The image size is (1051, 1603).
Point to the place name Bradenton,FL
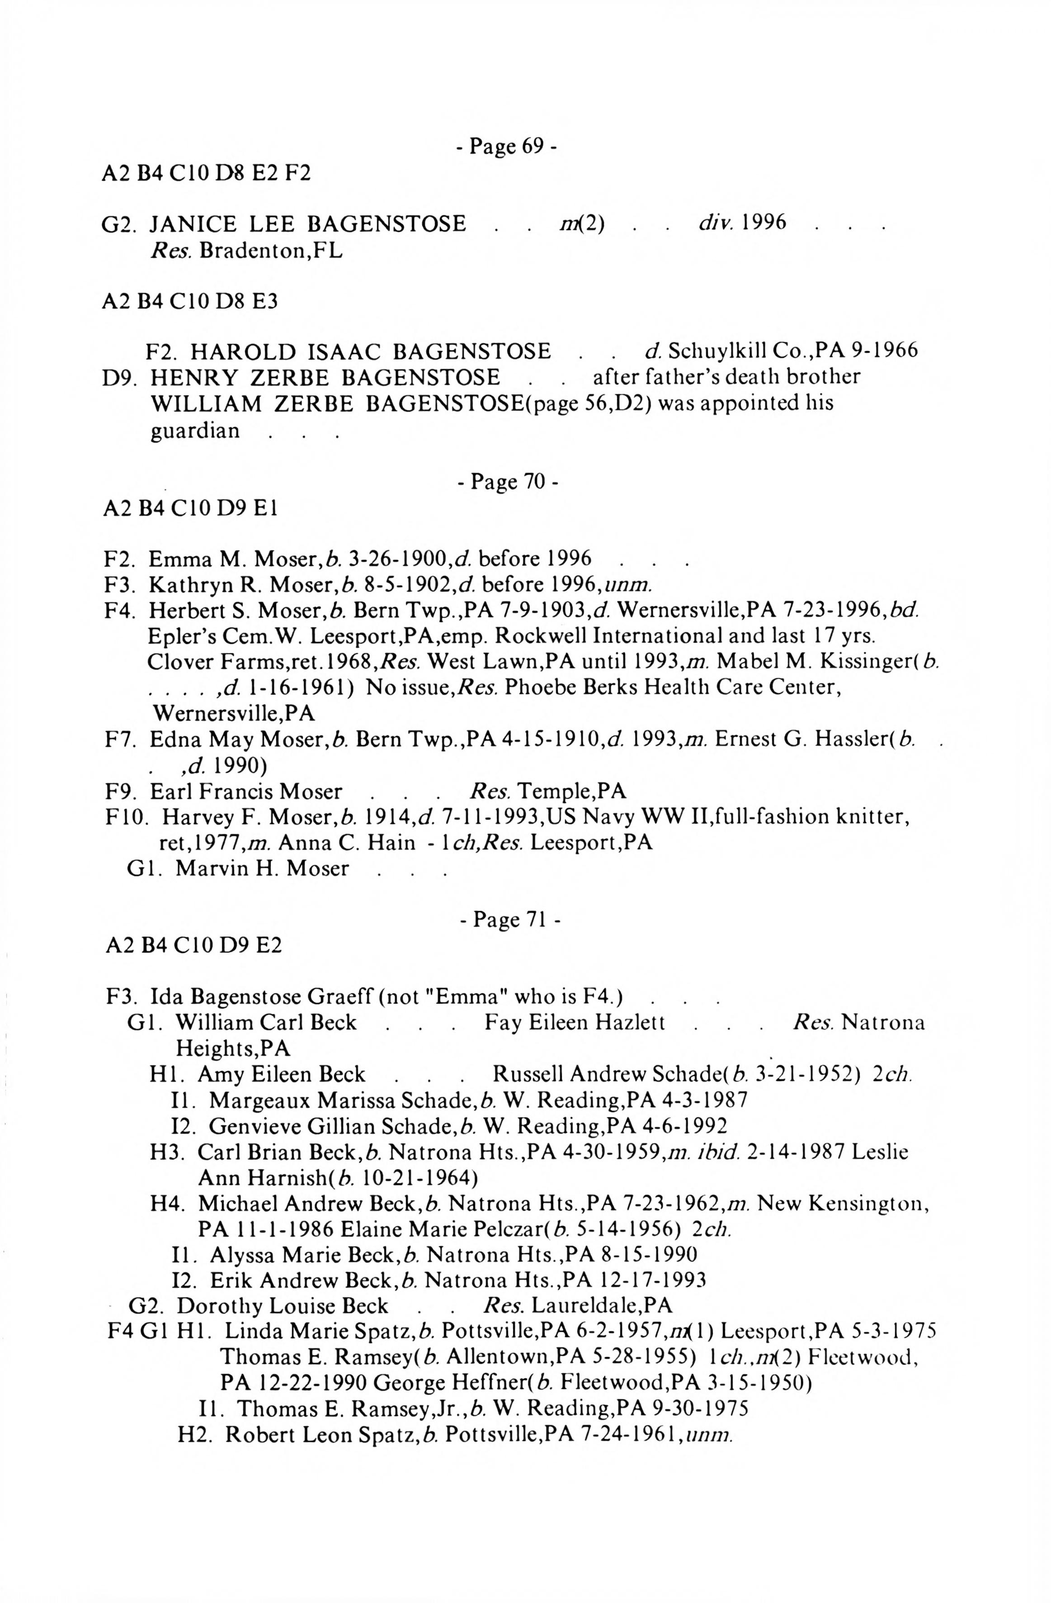[x=271, y=251]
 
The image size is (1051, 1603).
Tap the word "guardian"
[x=194, y=430]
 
